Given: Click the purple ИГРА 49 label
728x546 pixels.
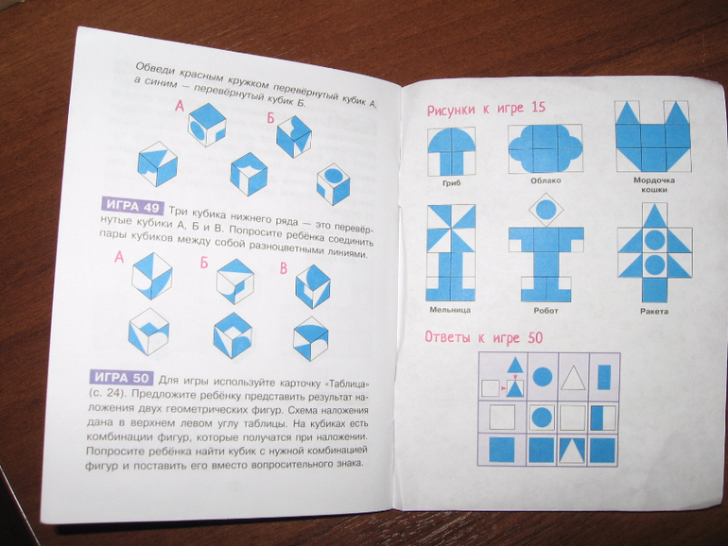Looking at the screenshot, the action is [131, 206].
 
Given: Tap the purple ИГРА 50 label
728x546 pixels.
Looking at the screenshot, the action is [121, 377].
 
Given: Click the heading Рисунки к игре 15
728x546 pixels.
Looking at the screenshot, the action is [486, 110].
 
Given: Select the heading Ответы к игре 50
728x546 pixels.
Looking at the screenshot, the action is [483, 338].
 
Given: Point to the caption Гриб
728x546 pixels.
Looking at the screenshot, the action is [451, 183].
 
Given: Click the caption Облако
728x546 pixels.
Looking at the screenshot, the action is [546, 180].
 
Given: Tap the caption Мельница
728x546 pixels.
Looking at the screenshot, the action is [450, 310].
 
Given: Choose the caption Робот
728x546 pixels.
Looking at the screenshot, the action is [546, 311].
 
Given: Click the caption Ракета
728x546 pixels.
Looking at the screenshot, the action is [653, 312].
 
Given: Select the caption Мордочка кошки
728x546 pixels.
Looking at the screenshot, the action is [654, 184].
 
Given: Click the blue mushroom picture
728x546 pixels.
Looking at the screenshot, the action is [451, 151].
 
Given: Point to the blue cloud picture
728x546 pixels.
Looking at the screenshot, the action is [546, 148].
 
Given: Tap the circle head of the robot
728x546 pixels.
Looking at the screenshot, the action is [546, 209].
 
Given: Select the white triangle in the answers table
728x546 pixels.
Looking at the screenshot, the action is [573, 378].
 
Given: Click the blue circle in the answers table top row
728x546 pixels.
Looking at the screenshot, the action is [542, 377].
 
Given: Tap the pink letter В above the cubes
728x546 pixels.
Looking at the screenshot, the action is [284, 268].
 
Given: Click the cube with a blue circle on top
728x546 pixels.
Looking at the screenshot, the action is [333, 183].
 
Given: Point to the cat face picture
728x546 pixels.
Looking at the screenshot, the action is [653, 136].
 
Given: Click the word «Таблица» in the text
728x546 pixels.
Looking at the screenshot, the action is [343, 384].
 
